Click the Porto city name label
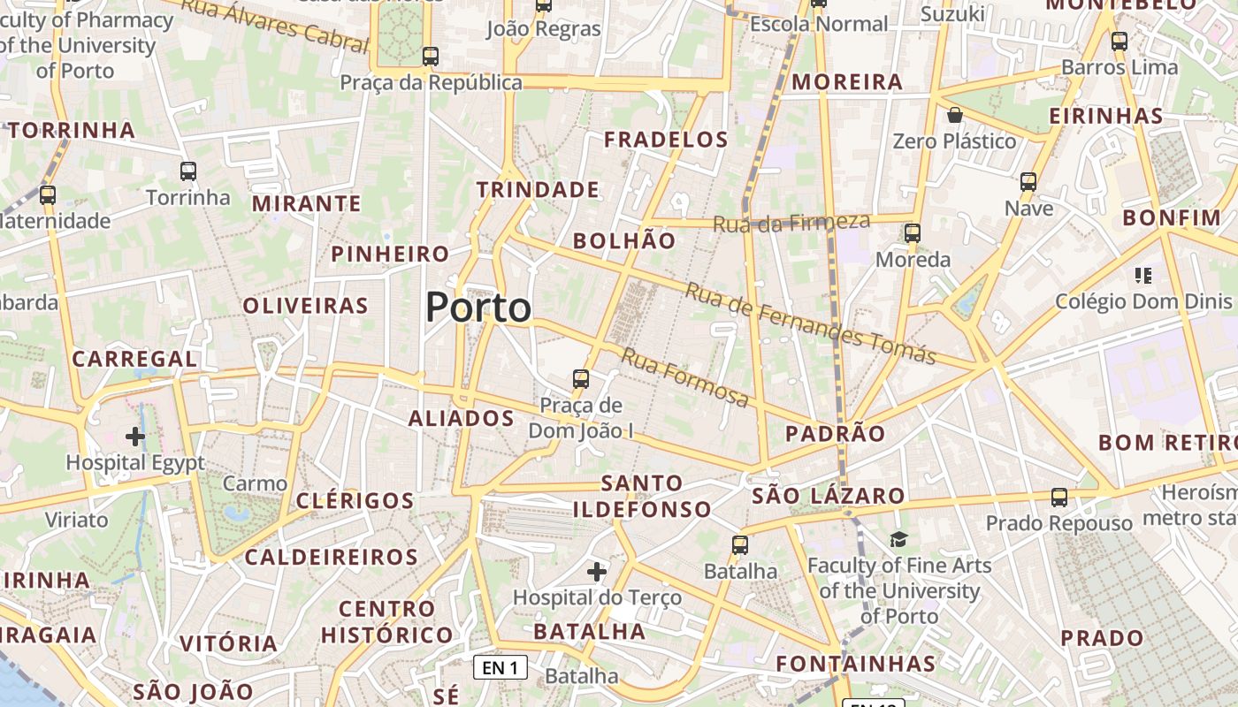478,308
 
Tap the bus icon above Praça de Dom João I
580,379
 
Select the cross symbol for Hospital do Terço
597,572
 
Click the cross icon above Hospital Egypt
135,437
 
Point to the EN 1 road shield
501,667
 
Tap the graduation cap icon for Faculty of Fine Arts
898,538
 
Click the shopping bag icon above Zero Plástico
954,115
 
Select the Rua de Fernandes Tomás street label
810,323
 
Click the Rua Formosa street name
685,377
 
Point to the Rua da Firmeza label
791,223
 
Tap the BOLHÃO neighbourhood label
624,240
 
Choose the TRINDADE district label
538,190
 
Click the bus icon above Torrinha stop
188,171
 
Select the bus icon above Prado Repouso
1059,498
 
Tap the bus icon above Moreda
913,233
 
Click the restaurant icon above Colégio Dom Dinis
1143,276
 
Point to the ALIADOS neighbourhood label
462,419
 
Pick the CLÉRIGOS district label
355,501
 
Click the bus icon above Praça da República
431,57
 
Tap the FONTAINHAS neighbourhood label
855,664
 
